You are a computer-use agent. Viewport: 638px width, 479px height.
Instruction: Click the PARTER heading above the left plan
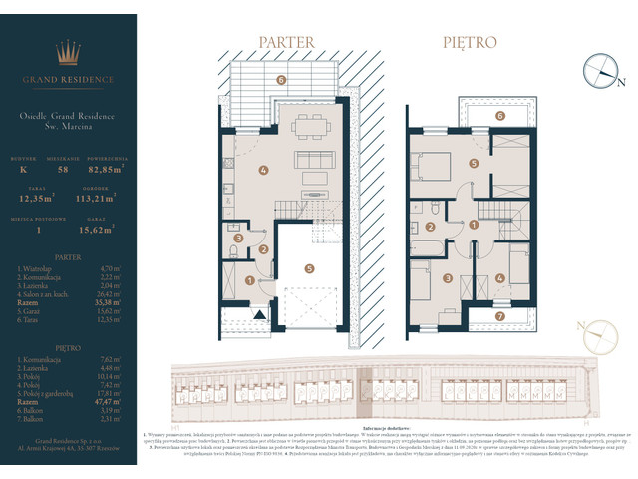(286, 43)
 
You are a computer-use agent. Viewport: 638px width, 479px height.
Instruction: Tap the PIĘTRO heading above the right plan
(467, 43)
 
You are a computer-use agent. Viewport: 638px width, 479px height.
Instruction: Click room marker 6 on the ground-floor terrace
(281, 80)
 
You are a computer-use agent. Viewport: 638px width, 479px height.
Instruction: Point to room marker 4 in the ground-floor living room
(263, 170)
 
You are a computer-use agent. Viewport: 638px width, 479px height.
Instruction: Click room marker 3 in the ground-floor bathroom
(237, 238)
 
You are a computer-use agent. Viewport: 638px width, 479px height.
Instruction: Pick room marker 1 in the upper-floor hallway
(473, 226)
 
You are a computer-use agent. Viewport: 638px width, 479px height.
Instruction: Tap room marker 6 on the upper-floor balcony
(500, 115)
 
